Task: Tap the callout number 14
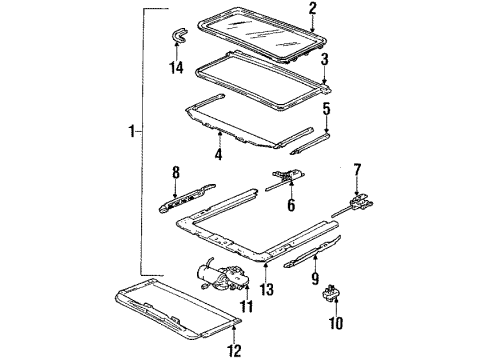click(x=176, y=69)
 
